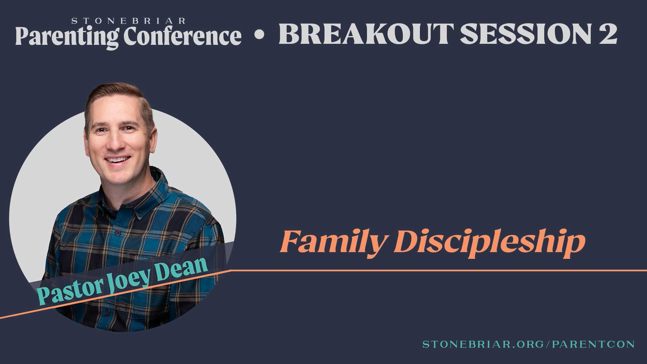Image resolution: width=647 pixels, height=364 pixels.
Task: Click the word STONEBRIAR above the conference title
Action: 128,21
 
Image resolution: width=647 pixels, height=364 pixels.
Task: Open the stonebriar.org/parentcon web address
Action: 529,344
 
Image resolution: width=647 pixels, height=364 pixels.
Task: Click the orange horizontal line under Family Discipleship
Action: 438,270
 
